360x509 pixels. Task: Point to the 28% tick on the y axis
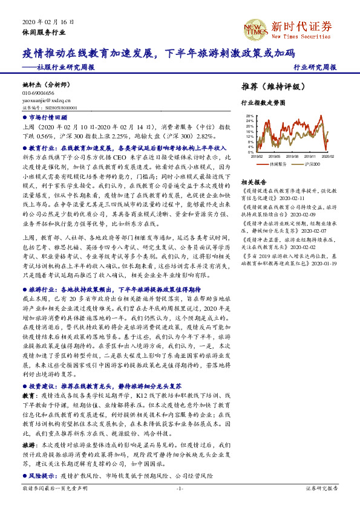pos(250,115)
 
